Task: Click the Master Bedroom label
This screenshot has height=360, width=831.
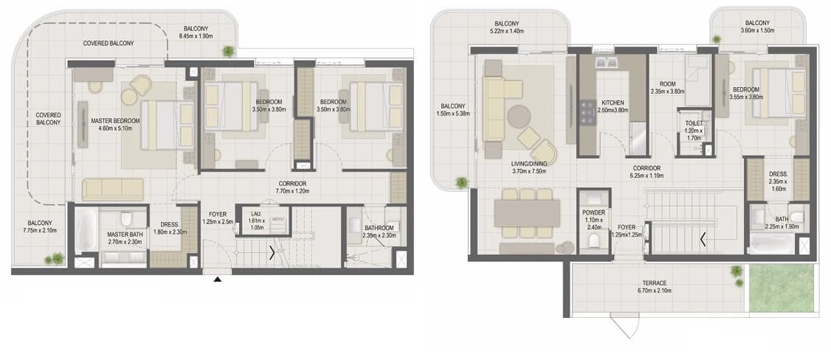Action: (115, 121)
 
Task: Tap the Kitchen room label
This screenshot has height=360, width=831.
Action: (612, 103)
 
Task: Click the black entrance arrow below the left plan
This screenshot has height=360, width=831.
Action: (217, 279)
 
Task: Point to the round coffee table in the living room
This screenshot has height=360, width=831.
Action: (519, 115)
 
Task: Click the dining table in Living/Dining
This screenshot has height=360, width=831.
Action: (527, 212)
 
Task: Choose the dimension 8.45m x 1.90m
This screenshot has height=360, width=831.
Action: (196, 36)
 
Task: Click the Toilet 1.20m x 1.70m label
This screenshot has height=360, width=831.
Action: (694, 131)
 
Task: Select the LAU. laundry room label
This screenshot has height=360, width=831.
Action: (257, 214)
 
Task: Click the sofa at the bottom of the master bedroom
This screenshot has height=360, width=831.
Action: (113, 190)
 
